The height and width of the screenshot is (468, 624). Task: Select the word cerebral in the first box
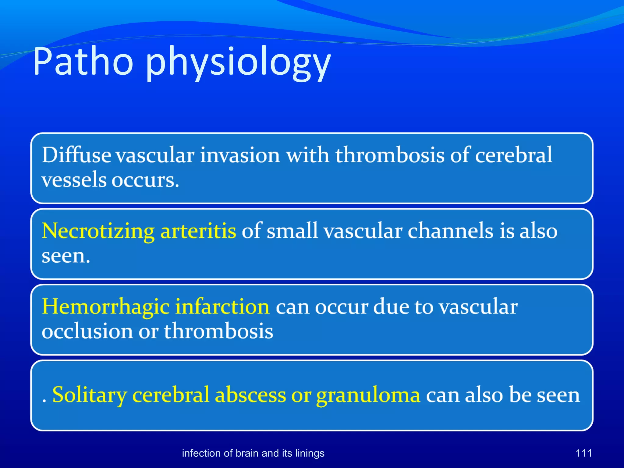(x=513, y=155)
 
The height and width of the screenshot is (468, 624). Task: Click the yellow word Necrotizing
(x=98, y=231)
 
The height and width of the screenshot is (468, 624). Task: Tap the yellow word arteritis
(x=198, y=231)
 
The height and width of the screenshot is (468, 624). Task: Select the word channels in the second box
(x=450, y=231)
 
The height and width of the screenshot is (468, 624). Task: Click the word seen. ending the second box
(x=66, y=256)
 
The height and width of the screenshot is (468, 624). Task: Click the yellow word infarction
(x=222, y=307)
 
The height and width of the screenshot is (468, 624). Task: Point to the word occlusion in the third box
(x=87, y=331)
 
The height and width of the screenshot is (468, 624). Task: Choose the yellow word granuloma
(x=368, y=395)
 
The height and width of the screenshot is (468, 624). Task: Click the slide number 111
(x=583, y=453)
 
